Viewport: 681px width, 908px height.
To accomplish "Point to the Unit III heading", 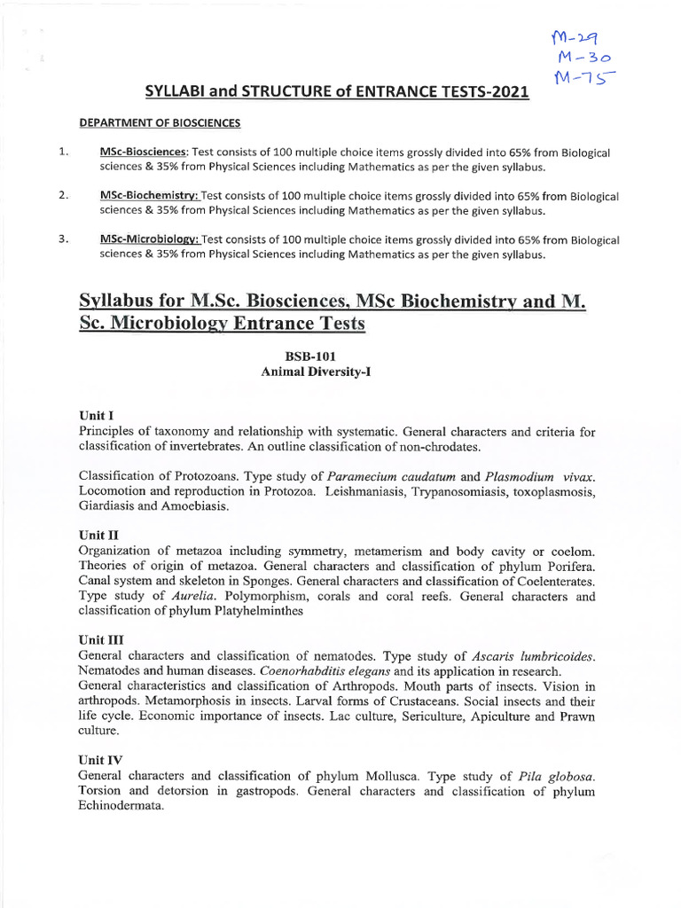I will pos(100,639).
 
